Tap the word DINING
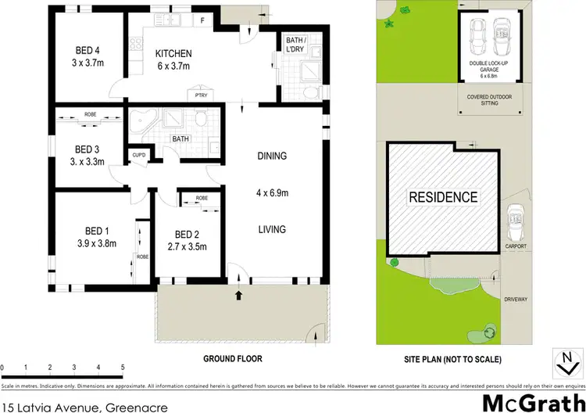(x=271, y=156)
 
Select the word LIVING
(x=271, y=229)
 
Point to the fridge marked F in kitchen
(x=202, y=19)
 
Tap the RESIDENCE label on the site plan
(x=443, y=197)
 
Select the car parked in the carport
(x=516, y=225)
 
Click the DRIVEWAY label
(x=515, y=299)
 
